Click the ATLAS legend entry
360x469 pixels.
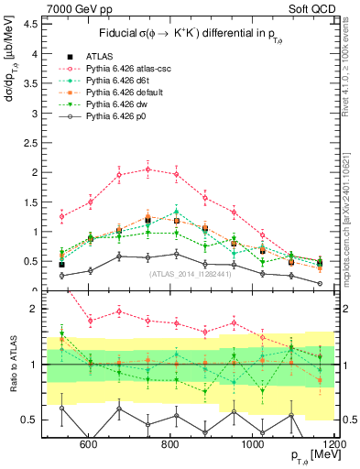point(103,57)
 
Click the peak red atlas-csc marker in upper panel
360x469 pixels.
point(147,169)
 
